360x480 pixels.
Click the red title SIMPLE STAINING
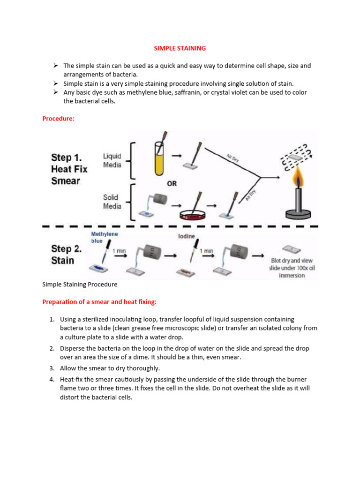[x=180, y=48]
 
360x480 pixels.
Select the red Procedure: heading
[x=58, y=119]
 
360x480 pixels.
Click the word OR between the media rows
[x=172, y=184]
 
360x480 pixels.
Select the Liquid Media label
[x=112, y=160]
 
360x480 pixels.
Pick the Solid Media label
[x=112, y=202]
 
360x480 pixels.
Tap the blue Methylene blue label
[x=105, y=237]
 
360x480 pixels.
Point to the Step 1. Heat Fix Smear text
[x=69, y=169]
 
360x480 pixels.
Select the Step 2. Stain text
[x=66, y=255]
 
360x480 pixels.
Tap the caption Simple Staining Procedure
[x=80, y=284]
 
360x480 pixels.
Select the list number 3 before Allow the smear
[x=52, y=368]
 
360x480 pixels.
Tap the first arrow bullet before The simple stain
[x=55, y=66]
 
